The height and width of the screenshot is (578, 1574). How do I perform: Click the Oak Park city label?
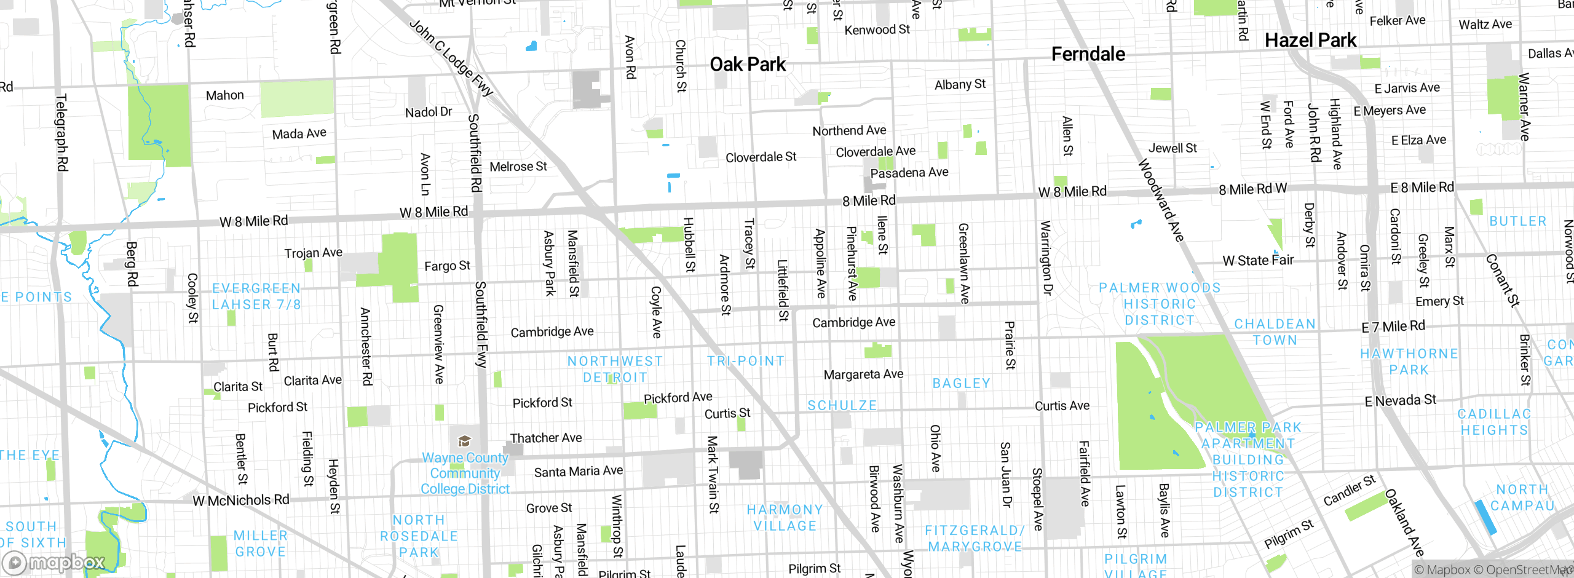point(748,65)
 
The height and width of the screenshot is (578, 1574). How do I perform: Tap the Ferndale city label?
point(1088,54)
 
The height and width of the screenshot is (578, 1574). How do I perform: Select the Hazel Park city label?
point(1310,41)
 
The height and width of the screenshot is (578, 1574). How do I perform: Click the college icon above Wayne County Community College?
point(464,441)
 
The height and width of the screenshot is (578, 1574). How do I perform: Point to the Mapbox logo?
point(54,562)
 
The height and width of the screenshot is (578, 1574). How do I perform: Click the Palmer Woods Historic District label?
point(1160,304)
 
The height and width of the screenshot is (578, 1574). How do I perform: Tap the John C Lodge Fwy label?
point(452,58)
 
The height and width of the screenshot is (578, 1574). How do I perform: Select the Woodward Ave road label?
point(1161,200)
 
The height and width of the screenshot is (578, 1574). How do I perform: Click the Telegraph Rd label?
point(62,132)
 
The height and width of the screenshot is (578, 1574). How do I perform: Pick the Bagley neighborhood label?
point(962,384)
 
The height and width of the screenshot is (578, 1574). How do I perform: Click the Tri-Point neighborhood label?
point(746,361)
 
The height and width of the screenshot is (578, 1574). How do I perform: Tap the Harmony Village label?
point(785,518)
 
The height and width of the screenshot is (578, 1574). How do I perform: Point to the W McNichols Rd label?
point(241,501)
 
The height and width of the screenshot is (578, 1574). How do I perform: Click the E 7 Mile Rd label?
point(1393,327)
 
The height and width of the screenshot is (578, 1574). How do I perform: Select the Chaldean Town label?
point(1275,332)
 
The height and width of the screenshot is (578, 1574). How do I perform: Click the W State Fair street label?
point(1258,261)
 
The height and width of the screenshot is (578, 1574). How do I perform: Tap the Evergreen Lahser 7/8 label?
point(256,296)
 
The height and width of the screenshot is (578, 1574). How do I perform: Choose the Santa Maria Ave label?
point(578,472)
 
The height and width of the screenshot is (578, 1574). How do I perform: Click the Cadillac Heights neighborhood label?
point(1494,422)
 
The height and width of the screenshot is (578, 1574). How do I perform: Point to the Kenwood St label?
point(877,30)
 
